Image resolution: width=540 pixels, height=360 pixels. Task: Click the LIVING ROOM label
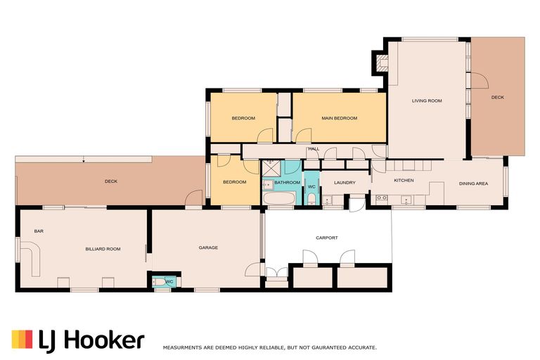(x=427, y=101)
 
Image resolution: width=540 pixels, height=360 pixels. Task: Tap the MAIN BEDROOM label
(x=339, y=118)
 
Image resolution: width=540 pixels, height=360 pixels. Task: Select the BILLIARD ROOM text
(x=103, y=249)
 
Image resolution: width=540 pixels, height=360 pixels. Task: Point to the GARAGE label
(x=208, y=247)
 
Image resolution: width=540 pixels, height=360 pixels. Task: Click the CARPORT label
(x=327, y=238)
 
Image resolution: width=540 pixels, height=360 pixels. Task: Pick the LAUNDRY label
(x=345, y=183)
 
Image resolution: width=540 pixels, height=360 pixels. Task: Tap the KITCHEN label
(x=404, y=180)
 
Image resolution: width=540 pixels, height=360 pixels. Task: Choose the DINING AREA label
(x=473, y=184)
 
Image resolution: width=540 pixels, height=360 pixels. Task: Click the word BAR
(x=39, y=231)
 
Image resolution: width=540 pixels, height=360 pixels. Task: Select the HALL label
(x=314, y=149)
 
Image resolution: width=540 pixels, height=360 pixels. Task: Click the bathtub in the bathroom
(x=279, y=198)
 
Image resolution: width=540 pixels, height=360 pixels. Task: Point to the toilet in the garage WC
(x=160, y=282)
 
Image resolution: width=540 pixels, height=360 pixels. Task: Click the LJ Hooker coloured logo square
(x=22, y=340)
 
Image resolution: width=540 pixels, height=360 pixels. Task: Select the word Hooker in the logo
(x=104, y=340)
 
